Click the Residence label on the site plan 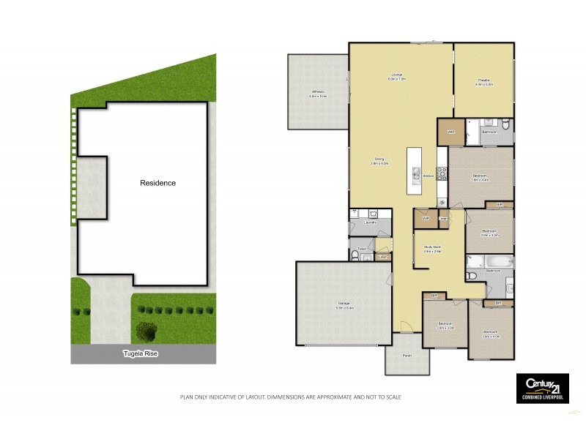[157, 183]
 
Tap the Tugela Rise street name [139, 353]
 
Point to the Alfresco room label [317, 91]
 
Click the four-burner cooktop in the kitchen [442, 173]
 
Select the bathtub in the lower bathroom [490, 261]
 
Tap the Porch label [407, 356]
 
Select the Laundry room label [371, 222]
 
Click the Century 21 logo [542, 384]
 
